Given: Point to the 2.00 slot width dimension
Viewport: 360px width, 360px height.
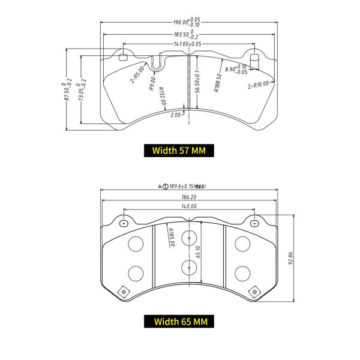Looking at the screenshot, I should click(x=176, y=114).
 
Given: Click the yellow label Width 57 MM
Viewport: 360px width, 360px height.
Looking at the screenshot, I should click(x=179, y=151).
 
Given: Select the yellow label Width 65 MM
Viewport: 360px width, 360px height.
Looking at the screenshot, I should click(x=179, y=322).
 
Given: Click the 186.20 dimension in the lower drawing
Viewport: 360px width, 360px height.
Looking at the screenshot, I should click(x=189, y=196).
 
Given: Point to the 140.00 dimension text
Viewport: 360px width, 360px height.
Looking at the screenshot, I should click(x=189, y=206).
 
